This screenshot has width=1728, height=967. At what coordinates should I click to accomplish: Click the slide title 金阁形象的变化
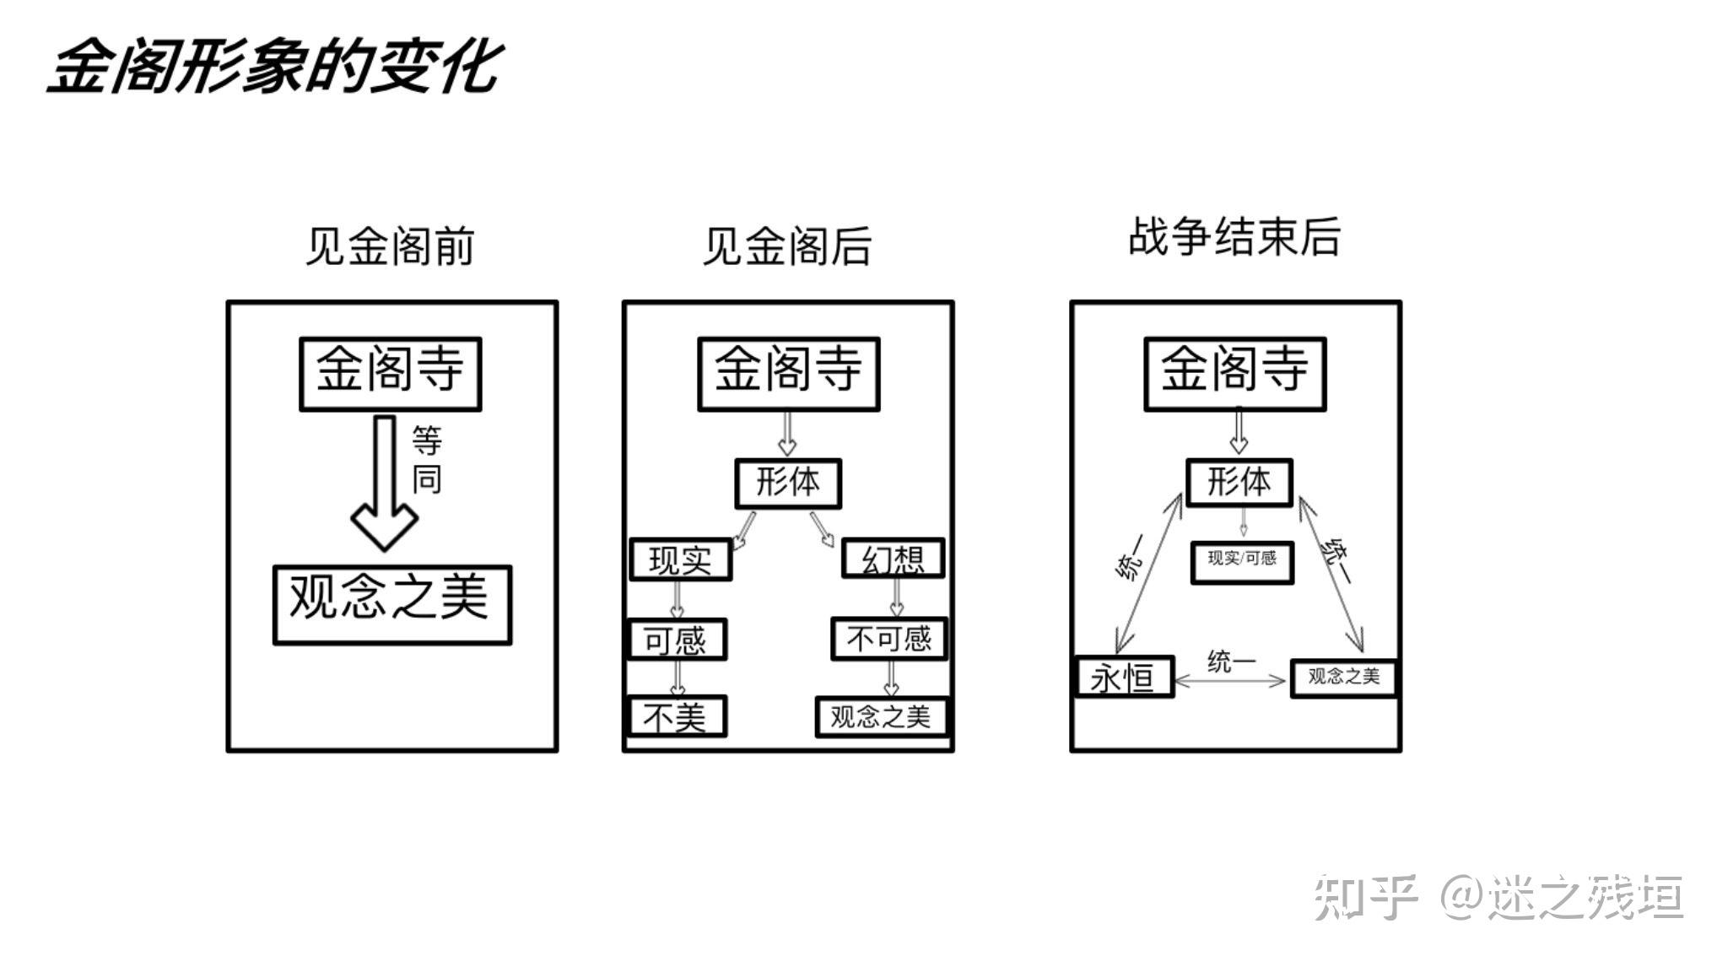(275, 67)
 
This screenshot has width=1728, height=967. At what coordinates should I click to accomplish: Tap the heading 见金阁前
(390, 246)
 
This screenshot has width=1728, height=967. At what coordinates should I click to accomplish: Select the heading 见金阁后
(787, 246)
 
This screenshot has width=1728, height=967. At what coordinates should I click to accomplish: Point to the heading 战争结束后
(1234, 236)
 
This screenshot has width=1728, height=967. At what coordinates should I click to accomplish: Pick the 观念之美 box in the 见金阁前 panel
(392, 605)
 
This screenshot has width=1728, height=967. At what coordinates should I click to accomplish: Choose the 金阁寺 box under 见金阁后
(789, 374)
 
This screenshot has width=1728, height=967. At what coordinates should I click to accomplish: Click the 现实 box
(681, 559)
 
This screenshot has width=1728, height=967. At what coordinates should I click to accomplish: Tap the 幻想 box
(893, 559)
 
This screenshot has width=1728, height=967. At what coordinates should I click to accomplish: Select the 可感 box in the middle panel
(677, 640)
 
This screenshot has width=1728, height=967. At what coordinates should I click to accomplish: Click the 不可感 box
(889, 639)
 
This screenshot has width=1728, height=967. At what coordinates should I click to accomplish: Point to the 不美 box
(677, 716)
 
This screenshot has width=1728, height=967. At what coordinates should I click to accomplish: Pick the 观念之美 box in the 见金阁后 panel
(882, 716)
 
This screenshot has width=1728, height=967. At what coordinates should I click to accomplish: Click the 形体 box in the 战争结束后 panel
(1239, 483)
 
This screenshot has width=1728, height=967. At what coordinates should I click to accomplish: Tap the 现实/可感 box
(1242, 562)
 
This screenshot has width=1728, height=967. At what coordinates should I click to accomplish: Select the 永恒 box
(1124, 677)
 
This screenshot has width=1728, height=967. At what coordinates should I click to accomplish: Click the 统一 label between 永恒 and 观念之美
(1231, 662)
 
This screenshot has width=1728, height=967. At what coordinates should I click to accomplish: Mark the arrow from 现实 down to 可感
(677, 600)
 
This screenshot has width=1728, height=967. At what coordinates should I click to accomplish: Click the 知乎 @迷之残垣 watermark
(1498, 896)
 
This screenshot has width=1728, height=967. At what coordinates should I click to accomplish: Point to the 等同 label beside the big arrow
(427, 460)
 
